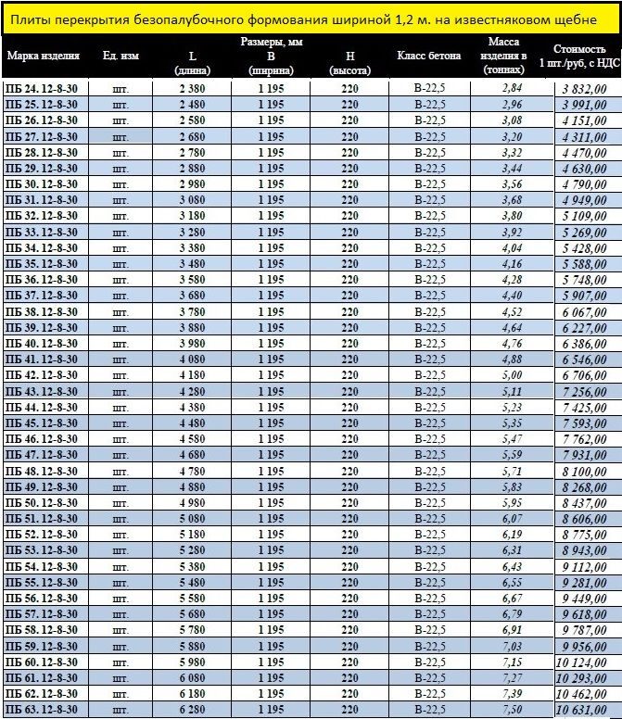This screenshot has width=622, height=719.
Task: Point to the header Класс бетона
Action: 428,56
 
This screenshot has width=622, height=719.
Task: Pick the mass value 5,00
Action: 512,375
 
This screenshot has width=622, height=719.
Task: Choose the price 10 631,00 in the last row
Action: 589,710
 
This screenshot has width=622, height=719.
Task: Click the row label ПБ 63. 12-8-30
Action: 42,710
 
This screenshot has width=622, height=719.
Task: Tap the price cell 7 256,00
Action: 589,392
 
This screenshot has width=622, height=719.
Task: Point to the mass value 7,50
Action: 512,710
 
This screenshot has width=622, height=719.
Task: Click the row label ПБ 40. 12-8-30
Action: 42,343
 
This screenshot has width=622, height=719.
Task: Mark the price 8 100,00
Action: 589,471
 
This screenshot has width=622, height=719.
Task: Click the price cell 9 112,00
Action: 589,566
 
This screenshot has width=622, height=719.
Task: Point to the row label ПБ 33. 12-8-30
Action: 42,232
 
